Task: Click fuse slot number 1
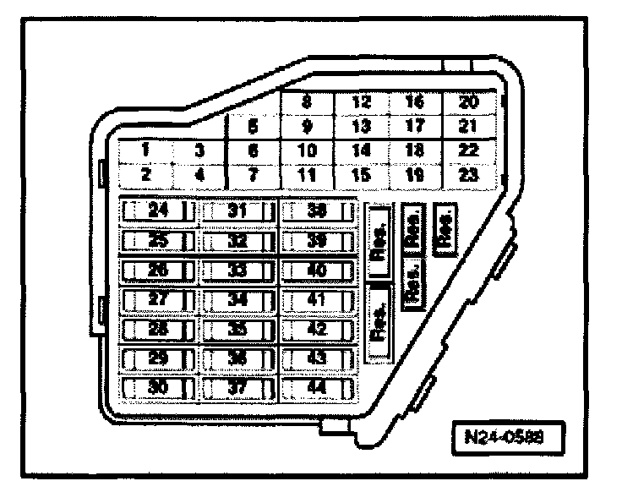point(146,150)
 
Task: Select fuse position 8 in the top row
point(307,104)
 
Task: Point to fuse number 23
point(469,176)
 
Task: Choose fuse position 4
point(199,176)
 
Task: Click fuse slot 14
point(361,151)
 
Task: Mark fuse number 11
point(307,176)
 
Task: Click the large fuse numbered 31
point(237,211)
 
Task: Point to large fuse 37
point(237,389)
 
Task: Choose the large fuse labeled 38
point(317,211)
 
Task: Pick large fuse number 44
point(317,389)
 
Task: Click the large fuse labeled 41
point(317,300)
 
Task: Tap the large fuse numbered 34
point(237,300)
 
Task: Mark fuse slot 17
point(415,128)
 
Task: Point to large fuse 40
point(317,271)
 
